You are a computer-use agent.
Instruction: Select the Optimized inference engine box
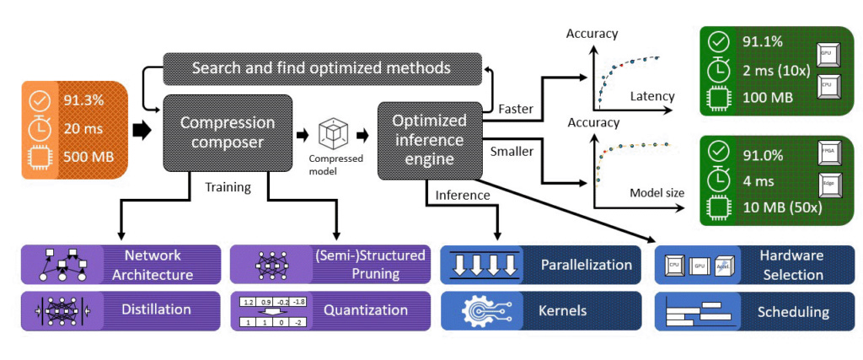(x=429, y=140)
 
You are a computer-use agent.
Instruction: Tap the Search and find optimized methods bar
(x=321, y=67)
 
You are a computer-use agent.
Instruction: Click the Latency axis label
(x=652, y=97)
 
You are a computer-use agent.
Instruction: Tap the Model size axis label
(x=657, y=192)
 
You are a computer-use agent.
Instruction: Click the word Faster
(x=516, y=109)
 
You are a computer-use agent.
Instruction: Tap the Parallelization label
(x=586, y=265)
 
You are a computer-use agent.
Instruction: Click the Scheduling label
(x=791, y=312)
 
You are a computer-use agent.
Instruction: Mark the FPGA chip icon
(x=825, y=154)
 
